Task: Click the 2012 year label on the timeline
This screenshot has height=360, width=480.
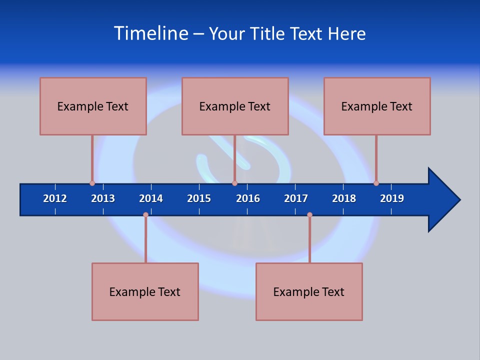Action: point(55,198)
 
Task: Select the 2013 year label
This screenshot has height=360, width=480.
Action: point(103,198)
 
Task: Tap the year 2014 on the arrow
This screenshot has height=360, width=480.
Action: point(151,198)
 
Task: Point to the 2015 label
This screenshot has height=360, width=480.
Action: point(199,198)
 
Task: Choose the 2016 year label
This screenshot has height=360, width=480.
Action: point(248,198)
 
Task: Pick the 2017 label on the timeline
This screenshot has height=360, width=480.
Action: point(296,198)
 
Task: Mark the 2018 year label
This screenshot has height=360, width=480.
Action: point(344,198)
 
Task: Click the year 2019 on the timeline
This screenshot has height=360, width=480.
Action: point(392,198)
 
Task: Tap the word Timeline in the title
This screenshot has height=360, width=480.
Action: point(150,33)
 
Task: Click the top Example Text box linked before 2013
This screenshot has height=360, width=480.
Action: point(93,106)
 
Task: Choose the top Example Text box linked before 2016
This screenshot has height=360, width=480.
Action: point(235,106)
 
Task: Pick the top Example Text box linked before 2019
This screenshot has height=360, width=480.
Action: point(377,106)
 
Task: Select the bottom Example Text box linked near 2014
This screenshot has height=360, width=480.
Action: point(145,291)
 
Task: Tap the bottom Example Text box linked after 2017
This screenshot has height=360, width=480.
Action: point(309,291)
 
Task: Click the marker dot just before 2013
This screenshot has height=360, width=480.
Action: point(92,183)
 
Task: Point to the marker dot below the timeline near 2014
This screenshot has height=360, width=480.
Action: point(145,215)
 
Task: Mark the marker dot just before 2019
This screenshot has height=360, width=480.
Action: point(376,183)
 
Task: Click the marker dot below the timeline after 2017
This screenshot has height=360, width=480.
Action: point(309,215)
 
